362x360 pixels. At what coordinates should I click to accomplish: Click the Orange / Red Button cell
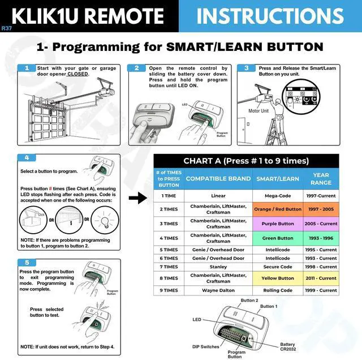coord(278,209)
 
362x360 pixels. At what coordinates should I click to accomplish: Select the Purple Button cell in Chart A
coord(278,224)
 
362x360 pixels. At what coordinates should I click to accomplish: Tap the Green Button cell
coord(278,238)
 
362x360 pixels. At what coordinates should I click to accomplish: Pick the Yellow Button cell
coord(278,278)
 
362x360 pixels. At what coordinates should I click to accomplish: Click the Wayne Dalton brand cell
coord(218,290)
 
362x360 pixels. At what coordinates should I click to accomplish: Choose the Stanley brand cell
coord(218,267)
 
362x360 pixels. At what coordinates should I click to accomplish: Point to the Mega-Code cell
coord(278,196)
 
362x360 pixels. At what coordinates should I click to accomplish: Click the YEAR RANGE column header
coord(321,179)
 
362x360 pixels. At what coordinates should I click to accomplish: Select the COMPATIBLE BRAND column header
coord(218,179)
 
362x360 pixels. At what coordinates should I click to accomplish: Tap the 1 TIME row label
coord(169,196)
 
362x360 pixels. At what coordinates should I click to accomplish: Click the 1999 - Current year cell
coord(321,290)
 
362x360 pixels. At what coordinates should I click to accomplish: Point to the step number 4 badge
coord(27,158)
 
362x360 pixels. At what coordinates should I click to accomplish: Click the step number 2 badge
coord(136,68)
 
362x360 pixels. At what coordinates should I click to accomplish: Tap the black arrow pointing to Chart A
coord(137,199)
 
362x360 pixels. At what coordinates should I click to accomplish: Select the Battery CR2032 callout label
coord(288,346)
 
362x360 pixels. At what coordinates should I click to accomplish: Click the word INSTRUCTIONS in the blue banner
coord(270,16)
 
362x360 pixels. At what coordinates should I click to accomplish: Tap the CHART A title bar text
coord(246,161)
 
